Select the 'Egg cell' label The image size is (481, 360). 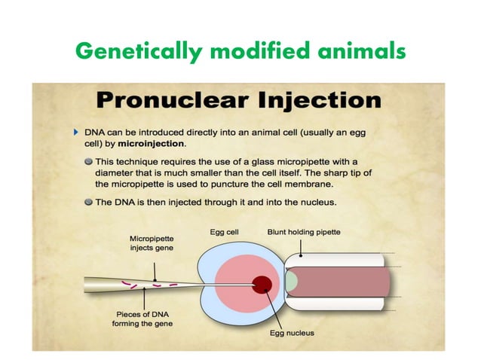tap(225, 233)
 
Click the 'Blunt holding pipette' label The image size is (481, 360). tap(305, 233)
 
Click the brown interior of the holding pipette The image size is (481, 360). tap(343, 282)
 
